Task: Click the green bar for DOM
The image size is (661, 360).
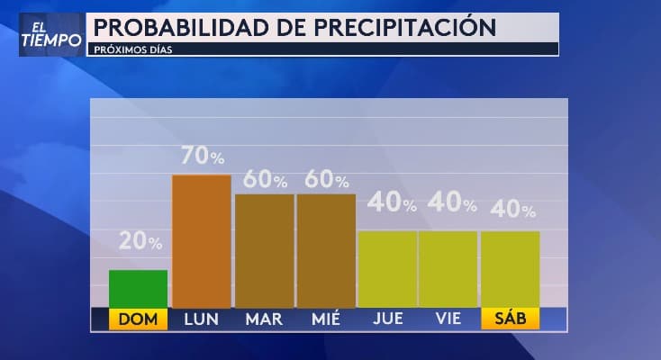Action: [138, 288]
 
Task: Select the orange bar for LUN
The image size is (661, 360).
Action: [201, 240]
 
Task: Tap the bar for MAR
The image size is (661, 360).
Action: [264, 250]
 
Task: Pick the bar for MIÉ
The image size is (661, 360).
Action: [326, 250]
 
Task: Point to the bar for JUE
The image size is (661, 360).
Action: [387, 269]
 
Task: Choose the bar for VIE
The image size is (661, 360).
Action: [448, 269]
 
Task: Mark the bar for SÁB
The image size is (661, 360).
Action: [510, 269]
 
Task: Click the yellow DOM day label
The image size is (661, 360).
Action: [138, 319]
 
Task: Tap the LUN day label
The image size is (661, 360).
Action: [201, 319]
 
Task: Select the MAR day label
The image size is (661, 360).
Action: [264, 319]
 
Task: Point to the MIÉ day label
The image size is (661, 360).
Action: [326, 319]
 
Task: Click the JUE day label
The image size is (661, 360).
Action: [387, 319]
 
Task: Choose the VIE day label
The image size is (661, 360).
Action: [448, 319]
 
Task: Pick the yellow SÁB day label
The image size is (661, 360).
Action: [510, 319]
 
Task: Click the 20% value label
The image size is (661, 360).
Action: [140, 241]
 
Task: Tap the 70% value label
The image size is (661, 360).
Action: [203, 156]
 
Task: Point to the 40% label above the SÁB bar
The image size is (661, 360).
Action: [512, 211]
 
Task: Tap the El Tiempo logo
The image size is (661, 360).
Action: [51, 34]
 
